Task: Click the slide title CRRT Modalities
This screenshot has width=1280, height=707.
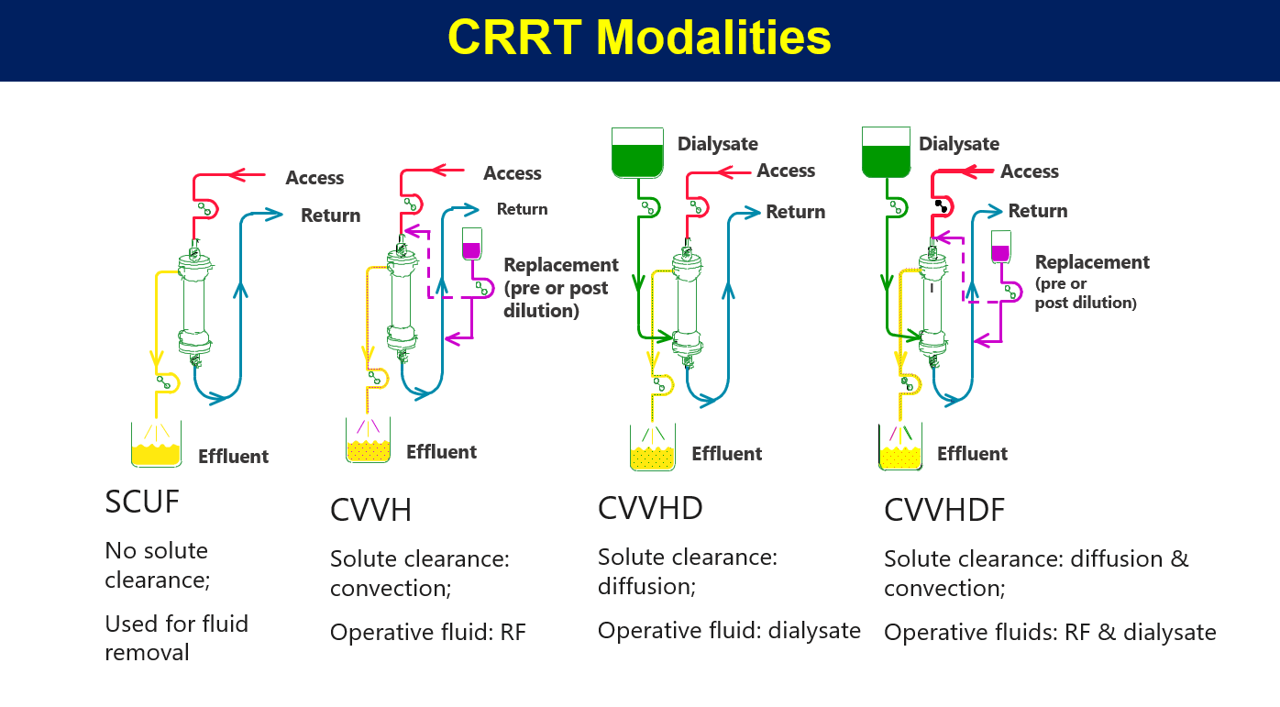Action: [639, 39]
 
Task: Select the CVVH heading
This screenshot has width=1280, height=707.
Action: [370, 510]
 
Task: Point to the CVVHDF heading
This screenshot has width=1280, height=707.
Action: [944, 510]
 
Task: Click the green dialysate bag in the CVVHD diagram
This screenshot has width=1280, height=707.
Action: [637, 153]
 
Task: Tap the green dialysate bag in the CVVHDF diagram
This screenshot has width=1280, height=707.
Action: [886, 153]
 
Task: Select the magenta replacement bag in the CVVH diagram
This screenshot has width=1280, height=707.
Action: [472, 246]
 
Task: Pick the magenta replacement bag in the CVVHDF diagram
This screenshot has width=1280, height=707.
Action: [1001, 248]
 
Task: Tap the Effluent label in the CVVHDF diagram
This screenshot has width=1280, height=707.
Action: [972, 454]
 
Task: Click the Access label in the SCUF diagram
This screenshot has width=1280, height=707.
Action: [314, 178]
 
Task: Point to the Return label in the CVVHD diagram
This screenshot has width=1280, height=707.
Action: [795, 212]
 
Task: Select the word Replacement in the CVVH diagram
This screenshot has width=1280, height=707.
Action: [561, 265]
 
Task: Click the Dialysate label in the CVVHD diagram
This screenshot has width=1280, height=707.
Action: [717, 144]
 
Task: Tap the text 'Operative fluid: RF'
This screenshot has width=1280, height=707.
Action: [427, 633]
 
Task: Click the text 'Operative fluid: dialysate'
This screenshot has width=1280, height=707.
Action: [729, 630]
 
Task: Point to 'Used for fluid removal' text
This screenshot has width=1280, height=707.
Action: [176, 638]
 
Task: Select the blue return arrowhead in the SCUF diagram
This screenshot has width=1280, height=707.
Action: [274, 215]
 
